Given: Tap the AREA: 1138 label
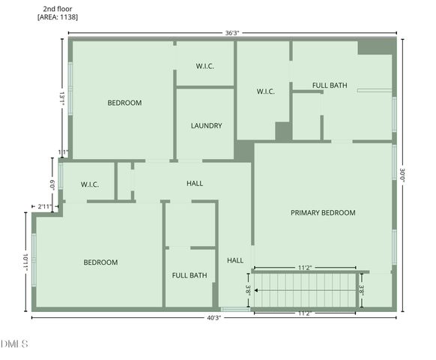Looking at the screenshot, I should (x=58, y=16).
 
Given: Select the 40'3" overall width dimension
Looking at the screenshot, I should (x=214, y=317).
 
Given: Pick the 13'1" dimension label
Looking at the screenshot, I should (x=62, y=98).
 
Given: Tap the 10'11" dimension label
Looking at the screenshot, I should (x=25, y=262).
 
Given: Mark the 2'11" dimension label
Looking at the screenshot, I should (x=45, y=205).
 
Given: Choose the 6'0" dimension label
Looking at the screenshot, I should (x=52, y=184).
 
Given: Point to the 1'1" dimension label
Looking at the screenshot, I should (x=63, y=152).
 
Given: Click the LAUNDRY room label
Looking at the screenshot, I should (x=206, y=126).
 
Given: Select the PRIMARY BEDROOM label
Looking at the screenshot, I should (x=323, y=213).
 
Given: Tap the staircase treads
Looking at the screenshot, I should (x=304, y=290).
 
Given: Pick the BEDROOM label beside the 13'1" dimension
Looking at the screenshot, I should (x=124, y=103).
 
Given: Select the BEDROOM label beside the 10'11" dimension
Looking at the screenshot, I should (x=100, y=262).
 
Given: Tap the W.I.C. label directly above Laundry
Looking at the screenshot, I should (x=205, y=66).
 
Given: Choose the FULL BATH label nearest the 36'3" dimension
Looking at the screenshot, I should (x=330, y=85).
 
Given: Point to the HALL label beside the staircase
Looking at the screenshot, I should (x=235, y=260).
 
